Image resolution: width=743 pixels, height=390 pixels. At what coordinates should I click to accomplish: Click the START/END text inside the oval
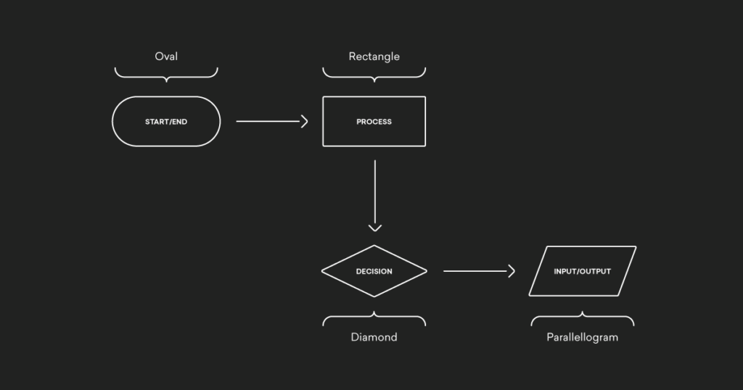pyautogui.click(x=166, y=122)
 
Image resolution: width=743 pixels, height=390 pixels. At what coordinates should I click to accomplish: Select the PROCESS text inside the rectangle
pyautogui.click(x=374, y=122)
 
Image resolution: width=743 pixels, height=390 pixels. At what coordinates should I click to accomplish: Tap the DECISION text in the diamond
pyautogui.click(x=374, y=271)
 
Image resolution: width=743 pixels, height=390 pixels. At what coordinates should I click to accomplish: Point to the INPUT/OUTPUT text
pyautogui.click(x=582, y=271)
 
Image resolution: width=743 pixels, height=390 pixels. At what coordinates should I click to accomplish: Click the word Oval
pyautogui.click(x=166, y=57)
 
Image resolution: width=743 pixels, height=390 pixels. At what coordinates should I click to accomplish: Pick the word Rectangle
pyautogui.click(x=374, y=57)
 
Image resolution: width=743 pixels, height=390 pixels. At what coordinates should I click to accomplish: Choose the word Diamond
pyautogui.click(x=374, y=337)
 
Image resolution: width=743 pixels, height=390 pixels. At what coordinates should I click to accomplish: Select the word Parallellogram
pyautogui.click(x=582, y=337)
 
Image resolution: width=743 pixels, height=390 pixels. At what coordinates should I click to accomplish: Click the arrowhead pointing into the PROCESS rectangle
pyautogui.click(x=305, y=122)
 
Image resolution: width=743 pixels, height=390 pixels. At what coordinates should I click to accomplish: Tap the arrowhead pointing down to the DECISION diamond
pyautogui.click(x=374, y=228)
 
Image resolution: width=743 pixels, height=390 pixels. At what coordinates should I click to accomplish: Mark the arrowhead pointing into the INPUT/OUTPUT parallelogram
pyautogui.click(x=512, y=271)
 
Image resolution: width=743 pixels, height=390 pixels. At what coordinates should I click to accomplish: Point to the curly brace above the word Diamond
pyautogui.click(x=374, y=318)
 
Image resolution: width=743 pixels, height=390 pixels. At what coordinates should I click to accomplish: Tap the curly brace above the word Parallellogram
pyautogui.click(x=582, y=318)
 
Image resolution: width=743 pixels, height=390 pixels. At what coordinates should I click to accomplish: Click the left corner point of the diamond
pyautogui.click(x=322, y=271)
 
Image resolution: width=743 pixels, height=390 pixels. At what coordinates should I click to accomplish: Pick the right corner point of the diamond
pyautogui.click(x=427, y=271)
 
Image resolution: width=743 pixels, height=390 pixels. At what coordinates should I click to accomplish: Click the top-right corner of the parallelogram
pyautogui.click(x=635, y=247)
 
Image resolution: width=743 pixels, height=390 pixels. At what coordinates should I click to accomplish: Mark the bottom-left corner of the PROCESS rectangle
pyautogui.click(x=324, y=146)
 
